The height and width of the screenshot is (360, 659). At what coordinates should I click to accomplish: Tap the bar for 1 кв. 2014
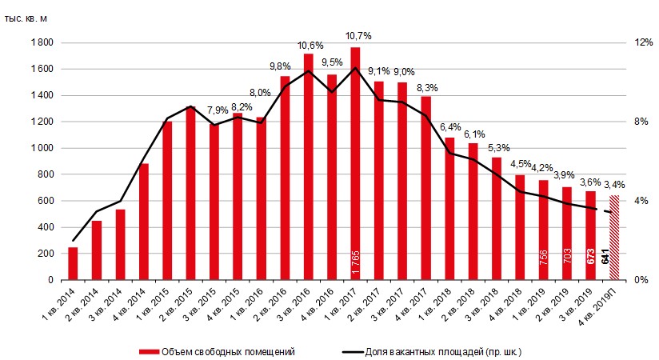tap(73, 263)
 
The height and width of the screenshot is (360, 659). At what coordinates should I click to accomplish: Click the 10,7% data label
tap(356, 36)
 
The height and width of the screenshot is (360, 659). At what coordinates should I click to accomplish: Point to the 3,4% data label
tap(614, 185)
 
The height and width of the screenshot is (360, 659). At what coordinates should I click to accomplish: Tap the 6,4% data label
tap(449, 126)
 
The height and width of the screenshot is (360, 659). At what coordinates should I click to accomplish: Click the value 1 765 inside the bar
tap(356, 262)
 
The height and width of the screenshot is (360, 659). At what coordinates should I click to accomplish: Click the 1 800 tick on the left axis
tap(42, 42)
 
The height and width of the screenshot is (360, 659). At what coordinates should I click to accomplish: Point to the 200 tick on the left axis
tap(45, 254)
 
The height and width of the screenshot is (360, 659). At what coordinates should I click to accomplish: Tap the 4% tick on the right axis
tap(642, 201)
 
